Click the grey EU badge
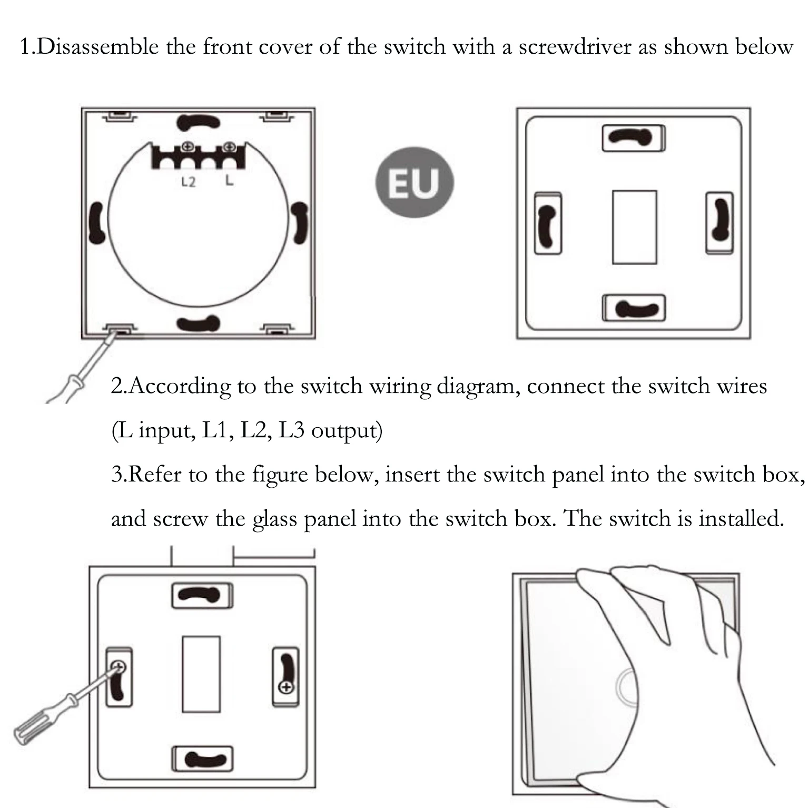click(x=414, y=182)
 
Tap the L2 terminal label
click(x=188, y=182)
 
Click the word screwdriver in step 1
click(x=575, y=47)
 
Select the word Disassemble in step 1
click(x=98, y=47)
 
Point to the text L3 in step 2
click(x=291, y=430)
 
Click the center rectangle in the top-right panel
click(x=634, y=227)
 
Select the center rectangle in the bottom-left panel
click(x=201, y=674)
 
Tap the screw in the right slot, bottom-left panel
click(x=286, y=687)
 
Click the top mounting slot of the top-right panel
click(x=634, y=137)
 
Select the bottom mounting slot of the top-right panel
click(x=634, y=309)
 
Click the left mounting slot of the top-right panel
click(x=548, y=223)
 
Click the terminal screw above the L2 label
click(x=187, y=147)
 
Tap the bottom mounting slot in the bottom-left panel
click(x=202, y=759)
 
